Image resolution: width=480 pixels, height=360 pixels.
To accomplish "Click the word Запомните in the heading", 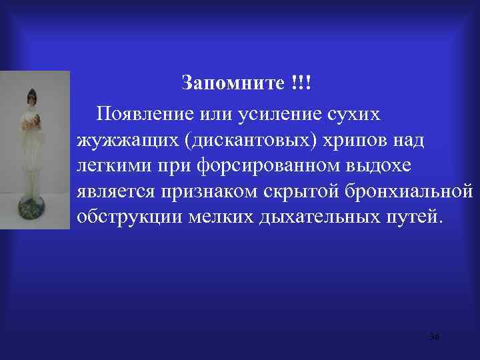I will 233,85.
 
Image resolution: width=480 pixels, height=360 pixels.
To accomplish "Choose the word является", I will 115,193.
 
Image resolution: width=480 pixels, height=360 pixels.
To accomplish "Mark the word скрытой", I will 306,193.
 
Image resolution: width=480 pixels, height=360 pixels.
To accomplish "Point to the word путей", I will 416,218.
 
